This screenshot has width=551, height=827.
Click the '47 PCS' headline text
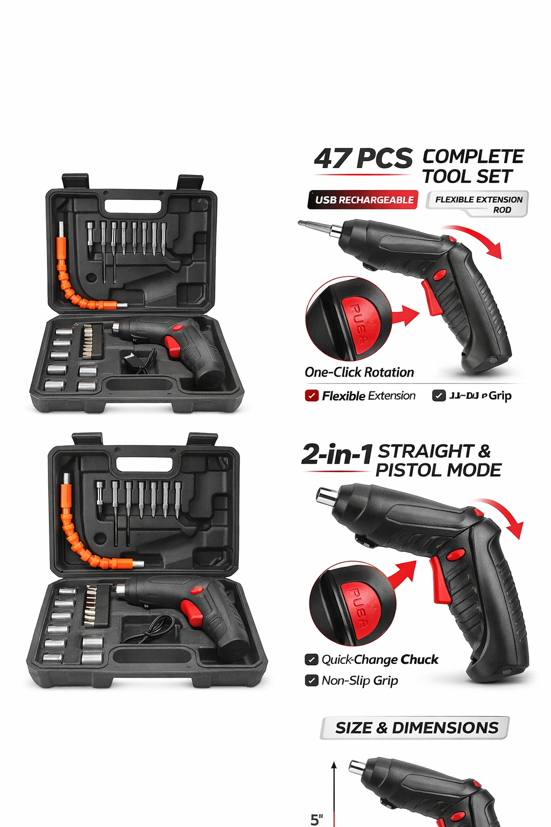point(363,159)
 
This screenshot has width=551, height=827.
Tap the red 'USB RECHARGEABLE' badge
point(364,200)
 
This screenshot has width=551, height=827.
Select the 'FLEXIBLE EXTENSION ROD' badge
point(478,204)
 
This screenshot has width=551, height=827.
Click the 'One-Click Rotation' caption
point(359,372)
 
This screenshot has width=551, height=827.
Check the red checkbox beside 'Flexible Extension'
point(312,396)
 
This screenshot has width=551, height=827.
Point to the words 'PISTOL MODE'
point(438,470)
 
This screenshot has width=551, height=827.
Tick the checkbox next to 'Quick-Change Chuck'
point(312,660)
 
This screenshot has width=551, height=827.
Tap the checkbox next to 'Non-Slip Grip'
point(312,681)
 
